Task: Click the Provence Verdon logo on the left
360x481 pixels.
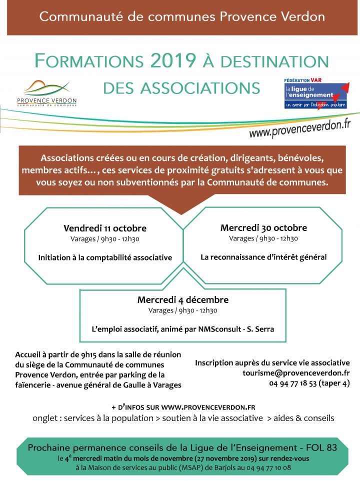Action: [47, 93]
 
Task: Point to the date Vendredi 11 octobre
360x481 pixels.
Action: [105, 228]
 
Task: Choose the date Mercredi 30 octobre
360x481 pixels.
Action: [263, 227]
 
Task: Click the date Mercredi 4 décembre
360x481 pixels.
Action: [183, 300]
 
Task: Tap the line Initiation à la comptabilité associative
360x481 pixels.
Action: [105, 257]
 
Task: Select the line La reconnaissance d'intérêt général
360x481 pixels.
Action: [263, 257]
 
